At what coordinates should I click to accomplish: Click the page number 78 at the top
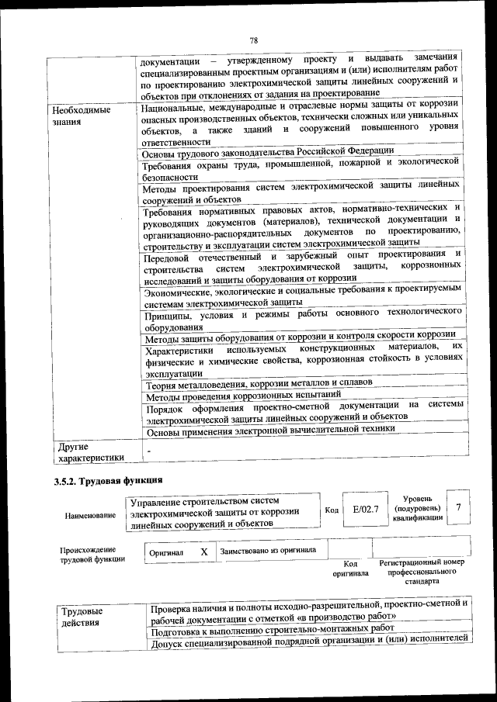pos(253,40)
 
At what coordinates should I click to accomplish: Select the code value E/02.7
pos(365,509)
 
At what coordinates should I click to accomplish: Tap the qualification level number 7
pos(459,507)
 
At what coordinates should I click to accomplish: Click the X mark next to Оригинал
pos(203,552)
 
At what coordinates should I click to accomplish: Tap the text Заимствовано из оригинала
pos(268,551)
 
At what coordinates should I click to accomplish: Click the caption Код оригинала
pos(350,569)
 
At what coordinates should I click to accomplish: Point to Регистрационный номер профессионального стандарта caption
pos(422,570)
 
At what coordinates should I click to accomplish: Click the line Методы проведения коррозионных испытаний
pos(242,396)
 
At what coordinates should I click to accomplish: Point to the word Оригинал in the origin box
pos(166,552)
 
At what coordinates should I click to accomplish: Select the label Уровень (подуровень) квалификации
pos(418,507)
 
